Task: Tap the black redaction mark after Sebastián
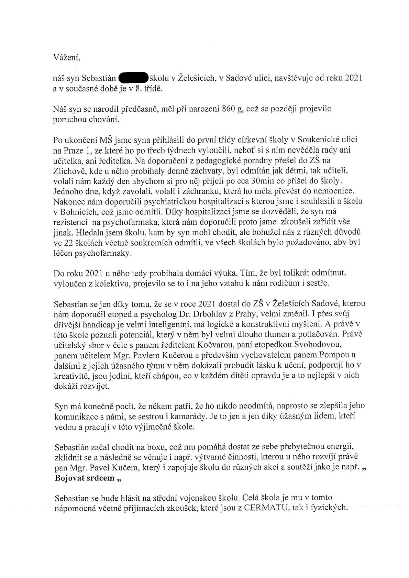click(133, 78)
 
